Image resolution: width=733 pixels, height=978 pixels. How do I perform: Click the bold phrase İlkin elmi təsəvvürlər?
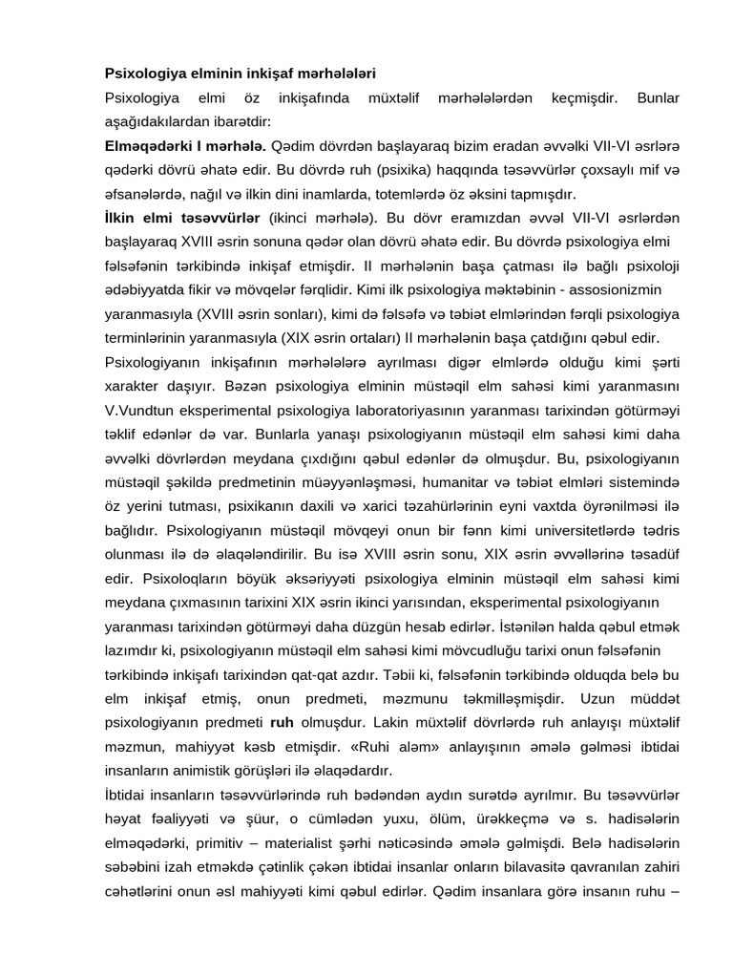point(183,219)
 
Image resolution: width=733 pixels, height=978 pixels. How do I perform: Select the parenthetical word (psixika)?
point(364,171)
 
